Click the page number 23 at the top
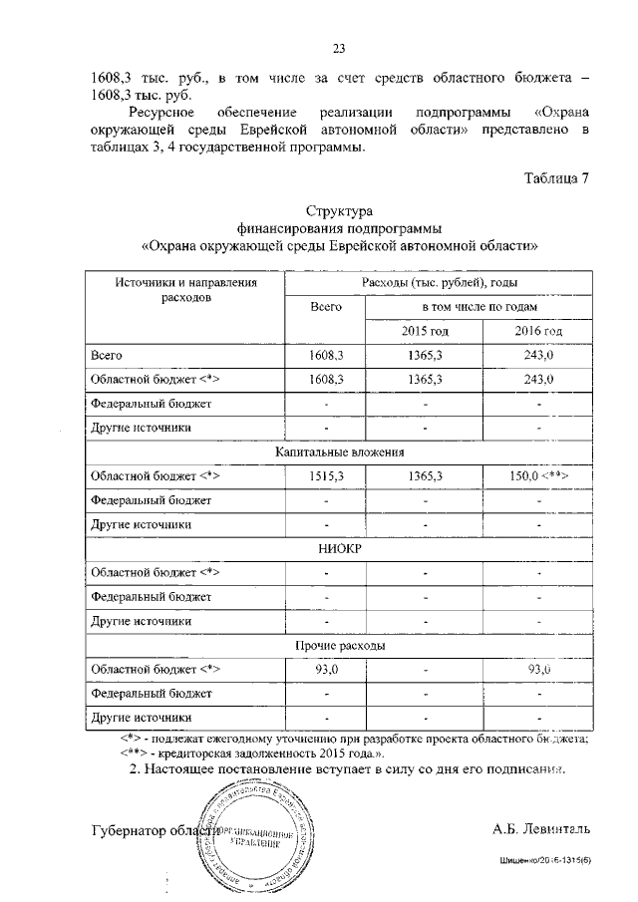click(338, 48)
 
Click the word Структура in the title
click(340, 212)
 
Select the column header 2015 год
click(426, 331)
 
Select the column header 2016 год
click(538, 331)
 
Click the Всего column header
click(326, 308)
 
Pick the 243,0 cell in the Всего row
click(538, 355)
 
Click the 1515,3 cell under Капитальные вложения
click(326, 476)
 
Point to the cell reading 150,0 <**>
click(538, 476)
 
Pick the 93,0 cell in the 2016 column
click(538, 669)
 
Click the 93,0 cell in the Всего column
click(326, 669)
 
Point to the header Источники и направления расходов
click(186, 290)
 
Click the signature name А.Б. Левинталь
click(541, 828)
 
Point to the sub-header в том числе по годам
click(481, 308)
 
